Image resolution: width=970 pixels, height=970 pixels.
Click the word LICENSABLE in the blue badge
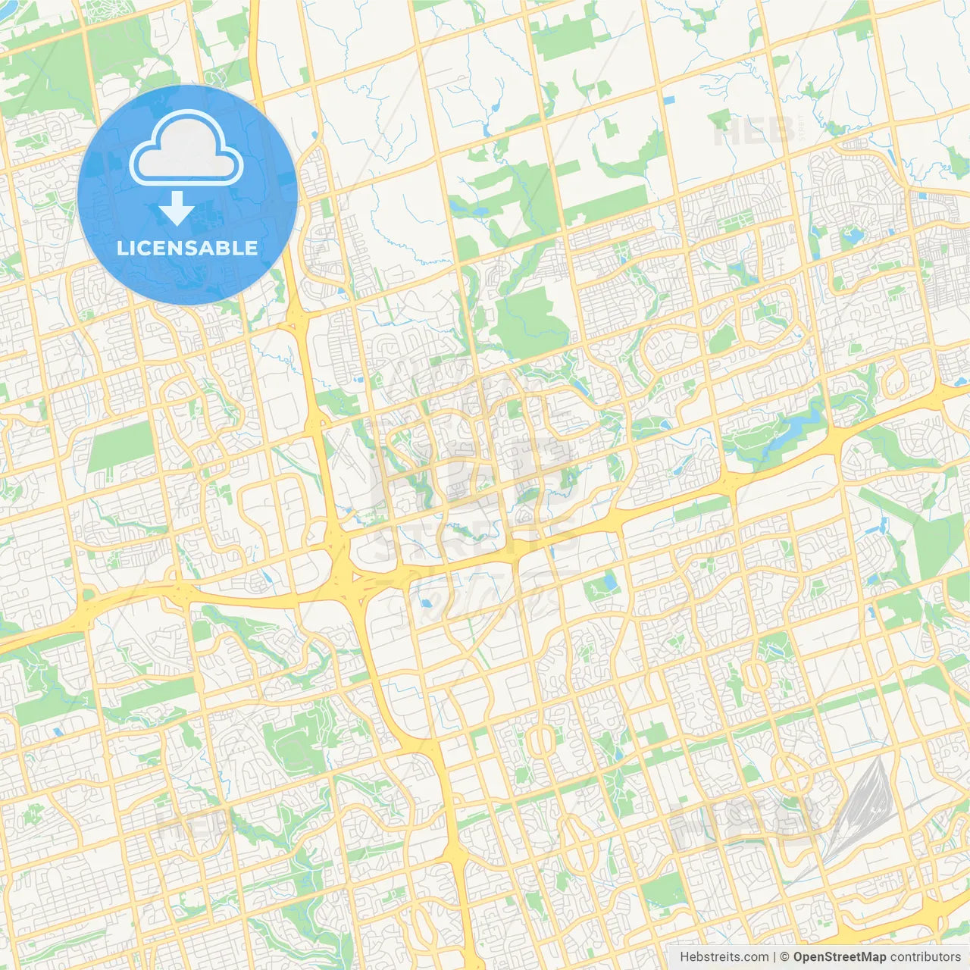pos(187,249)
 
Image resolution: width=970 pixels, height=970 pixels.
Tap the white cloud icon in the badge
pos(186,148)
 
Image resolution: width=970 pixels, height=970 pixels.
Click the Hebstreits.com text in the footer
pos(724,957)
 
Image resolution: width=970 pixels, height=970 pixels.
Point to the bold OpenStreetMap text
pos(840,957)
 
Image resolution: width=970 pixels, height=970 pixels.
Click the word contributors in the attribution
pos(925,957)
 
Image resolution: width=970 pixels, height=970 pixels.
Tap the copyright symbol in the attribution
pos(784,957)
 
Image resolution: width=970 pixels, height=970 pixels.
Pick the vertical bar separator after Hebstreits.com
pos(774,957)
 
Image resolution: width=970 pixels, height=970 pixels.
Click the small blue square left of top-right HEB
pos(668,99)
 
